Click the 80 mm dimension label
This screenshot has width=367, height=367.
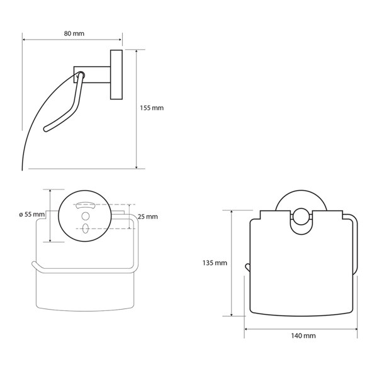(74, 33)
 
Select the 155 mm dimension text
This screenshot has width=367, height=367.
(151, 108)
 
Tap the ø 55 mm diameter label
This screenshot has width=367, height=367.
(31, 215)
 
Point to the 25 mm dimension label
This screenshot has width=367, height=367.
(147, 217)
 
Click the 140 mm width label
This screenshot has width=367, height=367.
(305, 336)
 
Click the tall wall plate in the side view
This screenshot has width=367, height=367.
(116, 74)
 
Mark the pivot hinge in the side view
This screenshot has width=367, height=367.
(80, 76)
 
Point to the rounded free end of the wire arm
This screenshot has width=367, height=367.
(45, 130)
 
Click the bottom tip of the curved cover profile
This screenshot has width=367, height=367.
(23, 168)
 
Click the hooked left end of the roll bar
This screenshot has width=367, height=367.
(34, 265)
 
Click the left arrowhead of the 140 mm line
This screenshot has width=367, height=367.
(247, 329)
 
